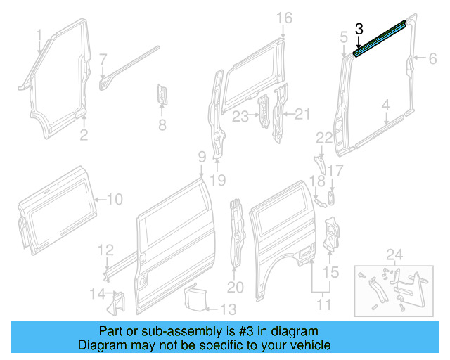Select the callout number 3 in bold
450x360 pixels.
[x=359, y=29]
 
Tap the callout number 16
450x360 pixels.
[x=283, y=18]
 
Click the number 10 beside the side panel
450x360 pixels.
[x=113, y=200]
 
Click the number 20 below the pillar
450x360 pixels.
[x=235, y=287]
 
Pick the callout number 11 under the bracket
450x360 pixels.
[x=324, y=304]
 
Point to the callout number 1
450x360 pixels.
[x=39, y=34]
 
